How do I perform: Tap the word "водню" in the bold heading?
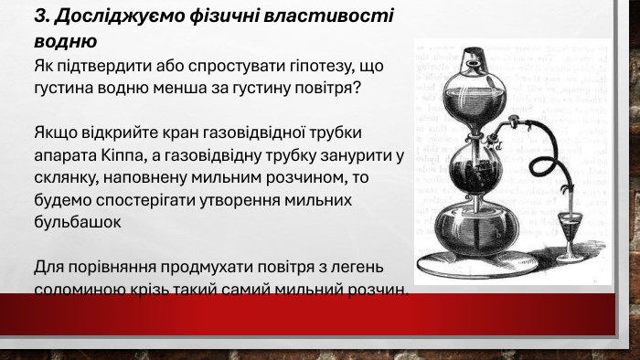click(65, 41)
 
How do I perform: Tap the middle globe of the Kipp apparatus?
click(474, 170)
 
